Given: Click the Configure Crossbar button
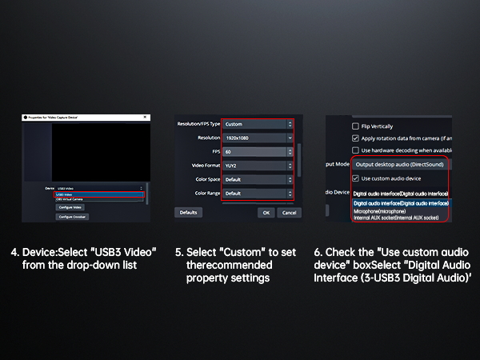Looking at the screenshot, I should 72,216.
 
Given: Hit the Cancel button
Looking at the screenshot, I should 289,213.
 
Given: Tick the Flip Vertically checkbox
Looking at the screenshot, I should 356,126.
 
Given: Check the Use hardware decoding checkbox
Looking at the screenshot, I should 356,150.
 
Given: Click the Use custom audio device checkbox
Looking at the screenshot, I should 356,178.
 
